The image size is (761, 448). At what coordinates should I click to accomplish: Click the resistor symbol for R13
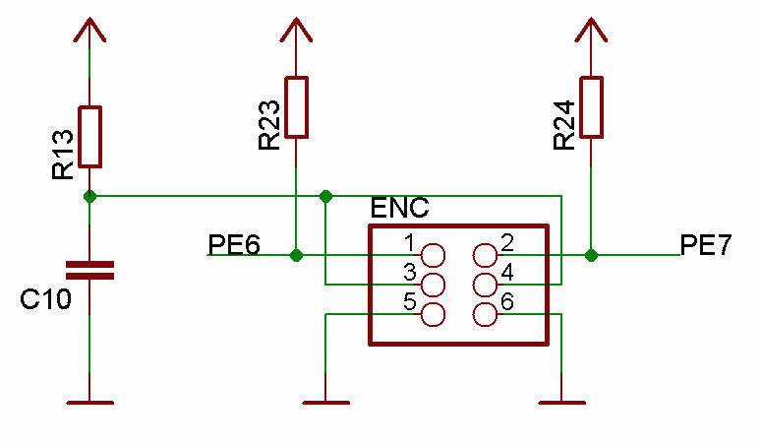coord(89,137)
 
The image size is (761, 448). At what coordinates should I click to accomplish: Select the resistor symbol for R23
coord(296,106)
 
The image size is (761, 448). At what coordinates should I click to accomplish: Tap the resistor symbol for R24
coord(590,106)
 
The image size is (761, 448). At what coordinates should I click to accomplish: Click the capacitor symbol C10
coord(89,271)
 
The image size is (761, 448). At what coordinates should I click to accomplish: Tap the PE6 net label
coord(234,244)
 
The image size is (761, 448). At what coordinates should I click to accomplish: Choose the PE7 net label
coord(706,244)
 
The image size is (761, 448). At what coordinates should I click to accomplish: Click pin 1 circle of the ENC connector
coord(432,255)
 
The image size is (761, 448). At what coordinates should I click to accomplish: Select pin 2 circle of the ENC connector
coord(485,255)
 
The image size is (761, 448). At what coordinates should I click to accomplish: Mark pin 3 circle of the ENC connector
coord(432,286)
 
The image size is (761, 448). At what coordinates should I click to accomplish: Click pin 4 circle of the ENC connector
coord(485,286)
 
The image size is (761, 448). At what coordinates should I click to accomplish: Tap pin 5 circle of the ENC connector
coord(432,315)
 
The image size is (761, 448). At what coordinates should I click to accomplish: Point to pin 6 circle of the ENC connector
coord(485,315)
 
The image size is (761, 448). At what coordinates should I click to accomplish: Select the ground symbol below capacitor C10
coord(89,402)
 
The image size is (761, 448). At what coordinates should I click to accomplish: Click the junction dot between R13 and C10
coord(89,196)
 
